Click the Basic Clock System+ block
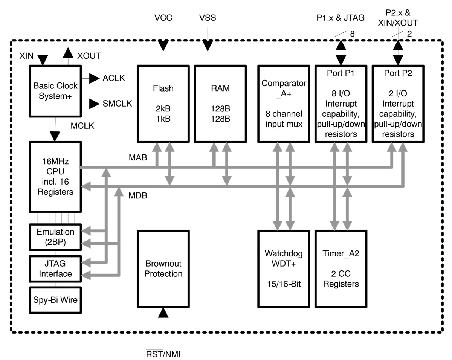[55, 91]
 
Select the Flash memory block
[163, 103]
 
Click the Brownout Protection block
[163, 268]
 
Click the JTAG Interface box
[55, 268]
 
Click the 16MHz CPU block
[55, 176]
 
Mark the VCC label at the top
[163, 18]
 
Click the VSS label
[208, 18]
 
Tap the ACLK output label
[114, 78]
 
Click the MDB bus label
[138, 196]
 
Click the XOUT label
[89, 56]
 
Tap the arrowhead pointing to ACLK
[94, 78]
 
